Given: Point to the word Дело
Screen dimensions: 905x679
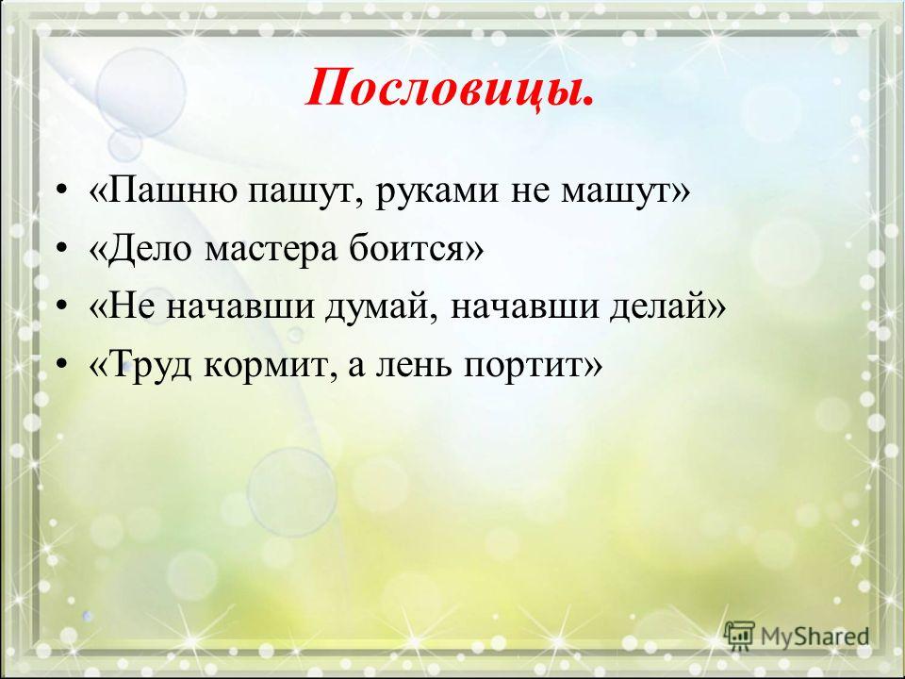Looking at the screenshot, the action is pyautogui.click(x=147, y=249).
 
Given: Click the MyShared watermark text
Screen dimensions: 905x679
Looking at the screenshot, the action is pyautogui.click(x=814, y=636).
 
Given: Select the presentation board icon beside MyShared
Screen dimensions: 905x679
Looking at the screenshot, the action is pyautogui.click(x=740, y=636).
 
